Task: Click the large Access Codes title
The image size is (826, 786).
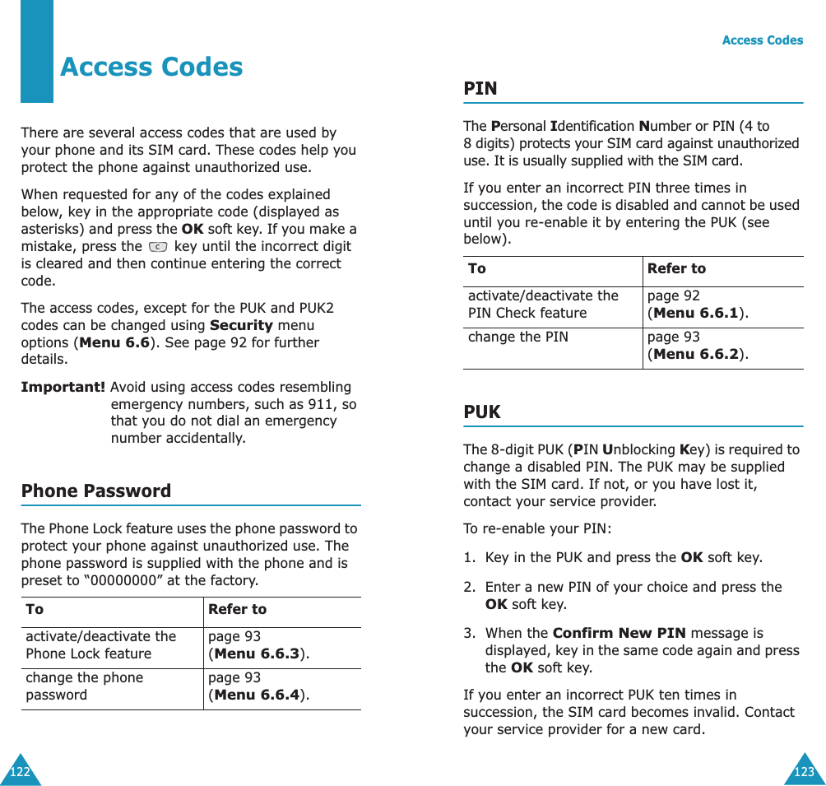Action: [x=151, y=67]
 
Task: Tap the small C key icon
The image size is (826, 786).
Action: [x=158, y=247]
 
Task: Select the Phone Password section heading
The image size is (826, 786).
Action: [x=96, y=491]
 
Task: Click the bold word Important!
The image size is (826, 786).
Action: [x=63, y=387]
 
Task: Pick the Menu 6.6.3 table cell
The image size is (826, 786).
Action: [x=258, y=645]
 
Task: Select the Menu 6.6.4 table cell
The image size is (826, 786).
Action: [x=258, y=686]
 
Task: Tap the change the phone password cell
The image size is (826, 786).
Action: [x=84, y=686]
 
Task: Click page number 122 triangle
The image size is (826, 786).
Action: [x=19, y=772]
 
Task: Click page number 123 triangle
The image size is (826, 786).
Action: [x=805, y=772]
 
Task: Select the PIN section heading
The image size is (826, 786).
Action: [x=480, y=88]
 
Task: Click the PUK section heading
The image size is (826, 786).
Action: [x=482, y=412]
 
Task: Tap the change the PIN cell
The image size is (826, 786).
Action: [x=517, y=337]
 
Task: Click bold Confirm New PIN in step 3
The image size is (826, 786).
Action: [x=619, y=633]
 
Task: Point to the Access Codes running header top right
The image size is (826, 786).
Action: [x=762, y=40]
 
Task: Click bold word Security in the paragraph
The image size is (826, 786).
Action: [x=241, y=325]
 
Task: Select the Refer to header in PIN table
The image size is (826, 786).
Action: [x=676, y=268]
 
